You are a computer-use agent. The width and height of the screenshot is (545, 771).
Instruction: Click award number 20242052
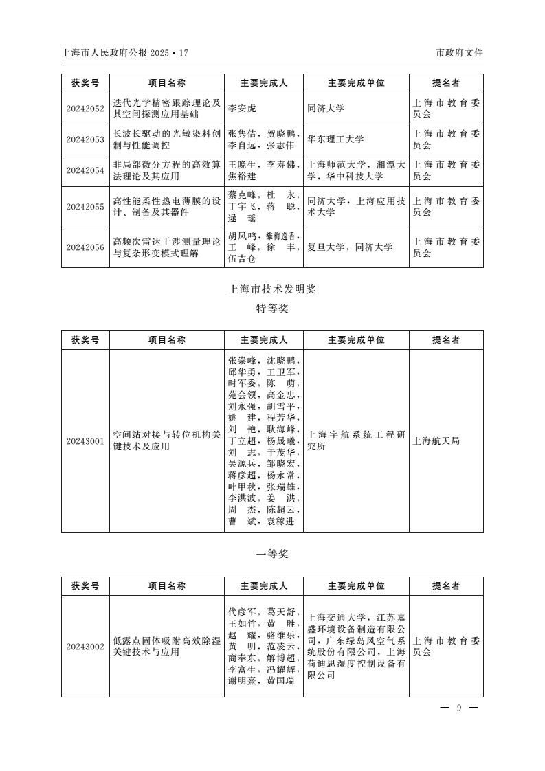click(x=85, y=108)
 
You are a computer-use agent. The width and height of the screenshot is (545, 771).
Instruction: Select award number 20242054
click(x=85, y=171)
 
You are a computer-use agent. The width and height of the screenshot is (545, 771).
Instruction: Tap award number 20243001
click(x=85, y=440)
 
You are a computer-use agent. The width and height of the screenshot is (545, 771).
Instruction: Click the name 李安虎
click(x=241, y=108)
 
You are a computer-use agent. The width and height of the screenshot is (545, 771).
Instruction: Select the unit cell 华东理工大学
click(x=335, y=139)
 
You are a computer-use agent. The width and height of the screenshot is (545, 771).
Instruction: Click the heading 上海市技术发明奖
click(x=272, y=289)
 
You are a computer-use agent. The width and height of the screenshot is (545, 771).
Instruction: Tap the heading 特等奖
click(x=272, y=309)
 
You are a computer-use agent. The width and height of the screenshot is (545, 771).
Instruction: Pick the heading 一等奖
click(x=272, y=554)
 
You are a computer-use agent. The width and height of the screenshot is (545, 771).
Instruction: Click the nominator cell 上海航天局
click(x=436, y=440)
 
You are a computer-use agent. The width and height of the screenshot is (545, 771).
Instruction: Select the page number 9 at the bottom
click(x=458, y=708)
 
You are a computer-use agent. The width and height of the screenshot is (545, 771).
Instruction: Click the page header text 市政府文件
click(x=459, y=53)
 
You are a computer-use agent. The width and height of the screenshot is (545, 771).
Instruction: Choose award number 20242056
click(x=85, y=247)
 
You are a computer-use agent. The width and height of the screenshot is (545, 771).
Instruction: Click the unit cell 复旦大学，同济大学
click(x=350, y=247)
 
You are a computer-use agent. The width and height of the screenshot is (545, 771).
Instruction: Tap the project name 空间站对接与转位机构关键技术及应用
click(x=167, y=440)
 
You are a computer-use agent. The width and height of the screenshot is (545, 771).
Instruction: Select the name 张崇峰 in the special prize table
click(x=241, y=359)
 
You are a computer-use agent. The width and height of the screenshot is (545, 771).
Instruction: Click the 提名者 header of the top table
click(x=446, y=83)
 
